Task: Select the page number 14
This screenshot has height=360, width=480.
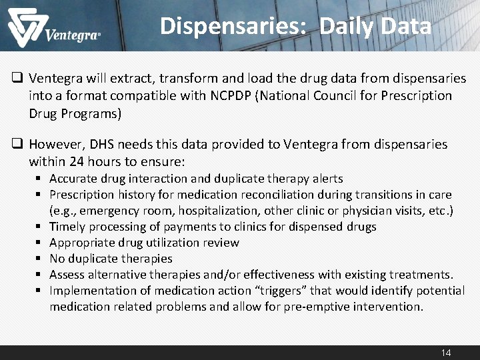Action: [446, 352]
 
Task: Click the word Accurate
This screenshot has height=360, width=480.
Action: [75, 179]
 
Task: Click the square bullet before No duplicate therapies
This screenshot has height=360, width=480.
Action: [40, 259]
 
